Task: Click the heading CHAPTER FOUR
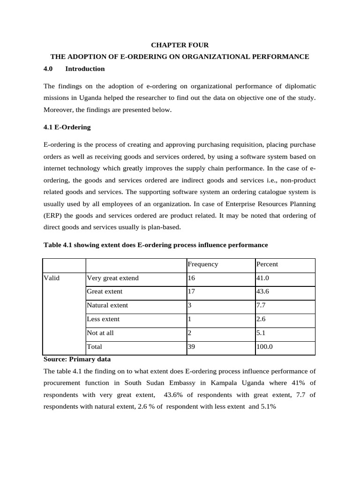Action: point(180,45)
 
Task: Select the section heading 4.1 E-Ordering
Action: point(67,127)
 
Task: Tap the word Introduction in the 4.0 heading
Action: point(85,69)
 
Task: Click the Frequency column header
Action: point(202,264)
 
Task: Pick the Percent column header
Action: point(267,264)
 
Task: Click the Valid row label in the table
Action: point(52,278)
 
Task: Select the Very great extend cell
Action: point(112,278)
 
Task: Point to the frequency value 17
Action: point(191,291)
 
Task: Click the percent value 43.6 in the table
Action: point(263,291)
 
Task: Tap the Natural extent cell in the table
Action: point(107,305)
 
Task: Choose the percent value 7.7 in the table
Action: point(261,305)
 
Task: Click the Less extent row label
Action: point(103,319)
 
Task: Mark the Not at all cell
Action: point(100,333)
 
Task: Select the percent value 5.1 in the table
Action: point(261,333)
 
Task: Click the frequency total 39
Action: point(191,347)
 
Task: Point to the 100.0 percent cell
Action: point(264,347)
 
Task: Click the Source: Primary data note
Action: point(77,360)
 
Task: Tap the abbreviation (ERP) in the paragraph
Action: point(52,216)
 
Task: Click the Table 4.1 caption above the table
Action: point(155,245)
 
